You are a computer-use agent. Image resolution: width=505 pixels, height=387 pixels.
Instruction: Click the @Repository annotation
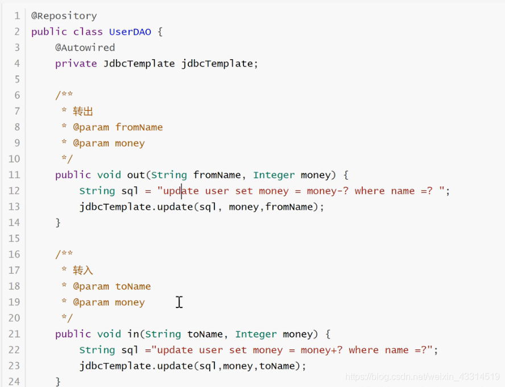coord(64,16)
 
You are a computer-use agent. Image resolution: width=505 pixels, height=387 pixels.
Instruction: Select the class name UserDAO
coord(130,32)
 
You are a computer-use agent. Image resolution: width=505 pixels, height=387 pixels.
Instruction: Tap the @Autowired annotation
coord(85,48)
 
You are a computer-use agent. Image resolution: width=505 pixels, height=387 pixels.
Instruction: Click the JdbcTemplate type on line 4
coord(139,64)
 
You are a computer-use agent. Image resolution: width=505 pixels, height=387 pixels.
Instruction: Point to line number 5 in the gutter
coord(16,80)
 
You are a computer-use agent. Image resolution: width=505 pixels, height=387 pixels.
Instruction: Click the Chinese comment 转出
coord(83,111)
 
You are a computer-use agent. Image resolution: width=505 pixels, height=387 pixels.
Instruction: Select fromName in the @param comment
coord(139,127)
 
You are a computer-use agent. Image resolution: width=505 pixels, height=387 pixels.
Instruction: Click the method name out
coord(136,175)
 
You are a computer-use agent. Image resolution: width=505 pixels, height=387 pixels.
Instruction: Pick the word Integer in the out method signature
coord(274,175)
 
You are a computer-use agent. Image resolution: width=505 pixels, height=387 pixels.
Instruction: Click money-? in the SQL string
coord(328,191)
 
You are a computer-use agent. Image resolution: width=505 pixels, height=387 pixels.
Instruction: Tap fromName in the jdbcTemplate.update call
coord(289,207)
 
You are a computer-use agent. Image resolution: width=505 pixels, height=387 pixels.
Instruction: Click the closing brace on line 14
coord(58,223)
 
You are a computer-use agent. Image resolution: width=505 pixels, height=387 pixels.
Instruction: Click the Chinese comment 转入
coord(83,271)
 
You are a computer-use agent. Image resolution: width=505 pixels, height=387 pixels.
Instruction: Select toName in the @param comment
coord(133,286)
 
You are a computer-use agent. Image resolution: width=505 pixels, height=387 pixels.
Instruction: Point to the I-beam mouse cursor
coord(179,302)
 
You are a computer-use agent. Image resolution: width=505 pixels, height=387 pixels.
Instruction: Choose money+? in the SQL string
coord(322,350)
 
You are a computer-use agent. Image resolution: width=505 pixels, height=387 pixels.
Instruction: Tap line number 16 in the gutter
coord(14,255)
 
